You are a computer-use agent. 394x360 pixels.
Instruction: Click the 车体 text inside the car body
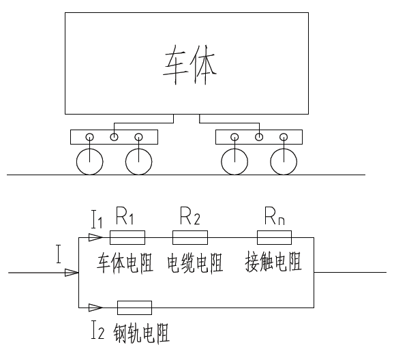pyautogui.click(x=190, y=65)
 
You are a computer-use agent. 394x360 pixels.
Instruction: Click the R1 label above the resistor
pyautogui.click(x=125, y=215)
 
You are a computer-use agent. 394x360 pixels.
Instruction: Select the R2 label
pyautogui.click(x=190, y=215)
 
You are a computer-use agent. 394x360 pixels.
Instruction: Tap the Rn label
pyautogui.click(x=275, y=215)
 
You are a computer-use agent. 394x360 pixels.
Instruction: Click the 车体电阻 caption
pyautogui.click(x=125, y=263)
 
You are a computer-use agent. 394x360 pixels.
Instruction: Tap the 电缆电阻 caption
pyautogui.click(x=195, y=263)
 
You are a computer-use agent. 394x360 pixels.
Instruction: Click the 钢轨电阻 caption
pyautogui.click(x=142, y=333)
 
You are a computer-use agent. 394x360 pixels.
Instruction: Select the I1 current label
pyautogui.click(x=97, y=220)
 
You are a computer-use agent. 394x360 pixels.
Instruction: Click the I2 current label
pyautogui.click(x=97, y=329)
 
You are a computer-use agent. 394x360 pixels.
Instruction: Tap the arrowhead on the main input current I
pyautogui.click(x=72, y=272)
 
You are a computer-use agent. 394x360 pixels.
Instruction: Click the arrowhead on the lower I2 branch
pyautogui.click(x=95, y=307)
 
